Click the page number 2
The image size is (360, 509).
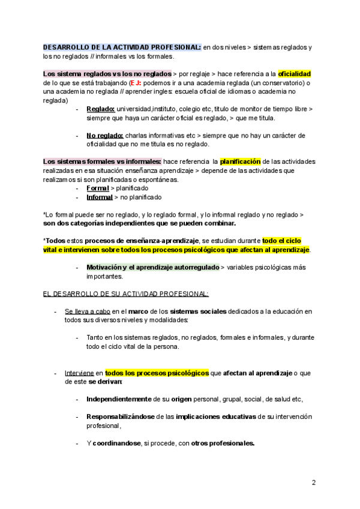coord(313,482)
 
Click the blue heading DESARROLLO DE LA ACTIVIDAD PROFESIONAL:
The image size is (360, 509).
coord(122,47)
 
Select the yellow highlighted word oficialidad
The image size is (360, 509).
coord(295,74)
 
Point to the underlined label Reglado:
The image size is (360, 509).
coord(100,109)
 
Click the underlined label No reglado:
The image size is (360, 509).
coord(104,136)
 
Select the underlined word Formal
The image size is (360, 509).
coord(98,188)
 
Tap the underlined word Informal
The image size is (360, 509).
coord(100,197)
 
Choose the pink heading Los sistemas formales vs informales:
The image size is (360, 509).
coord(102,161)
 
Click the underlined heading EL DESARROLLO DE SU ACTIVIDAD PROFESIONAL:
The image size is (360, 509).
coord(126,294)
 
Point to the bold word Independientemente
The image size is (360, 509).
coord(119,399)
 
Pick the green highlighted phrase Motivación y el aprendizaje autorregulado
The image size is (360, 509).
coord(152,267)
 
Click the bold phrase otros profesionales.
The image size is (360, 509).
coord(223,444)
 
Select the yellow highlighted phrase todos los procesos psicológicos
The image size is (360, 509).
coord(157,373)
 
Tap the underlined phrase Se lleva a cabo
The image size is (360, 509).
coord(88,312)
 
